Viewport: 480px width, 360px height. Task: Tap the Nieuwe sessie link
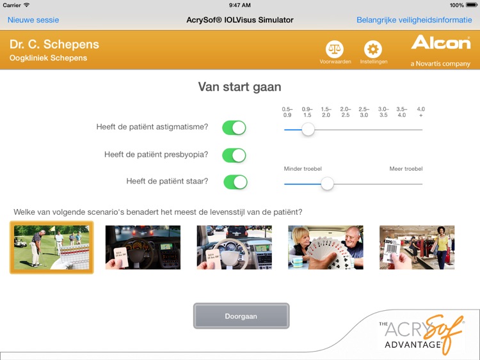[33, 20]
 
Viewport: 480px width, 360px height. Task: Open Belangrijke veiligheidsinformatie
[414, 20]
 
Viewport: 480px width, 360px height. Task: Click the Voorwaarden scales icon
[335, 49]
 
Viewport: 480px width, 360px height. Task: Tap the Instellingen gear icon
[372, 49]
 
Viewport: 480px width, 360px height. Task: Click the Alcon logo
[440, 43]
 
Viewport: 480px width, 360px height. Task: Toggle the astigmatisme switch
[234, 127]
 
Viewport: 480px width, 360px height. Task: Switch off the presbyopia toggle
[234, 155]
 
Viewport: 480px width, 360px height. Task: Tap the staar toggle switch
[235, 182]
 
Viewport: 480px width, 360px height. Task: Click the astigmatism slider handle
[308, 129]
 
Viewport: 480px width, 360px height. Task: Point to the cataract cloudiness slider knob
[327, 184]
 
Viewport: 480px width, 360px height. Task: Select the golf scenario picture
[51, 247]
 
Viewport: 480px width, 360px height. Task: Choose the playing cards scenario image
[326, 247]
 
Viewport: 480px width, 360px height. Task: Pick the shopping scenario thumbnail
[417, 247]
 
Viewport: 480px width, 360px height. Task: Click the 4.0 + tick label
[420, 112]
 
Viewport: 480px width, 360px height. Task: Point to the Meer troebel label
[406, 169]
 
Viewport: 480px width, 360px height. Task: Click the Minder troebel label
[303, 169]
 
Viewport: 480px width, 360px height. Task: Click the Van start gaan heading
[239, 87]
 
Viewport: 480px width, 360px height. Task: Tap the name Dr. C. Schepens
[54, 45]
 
